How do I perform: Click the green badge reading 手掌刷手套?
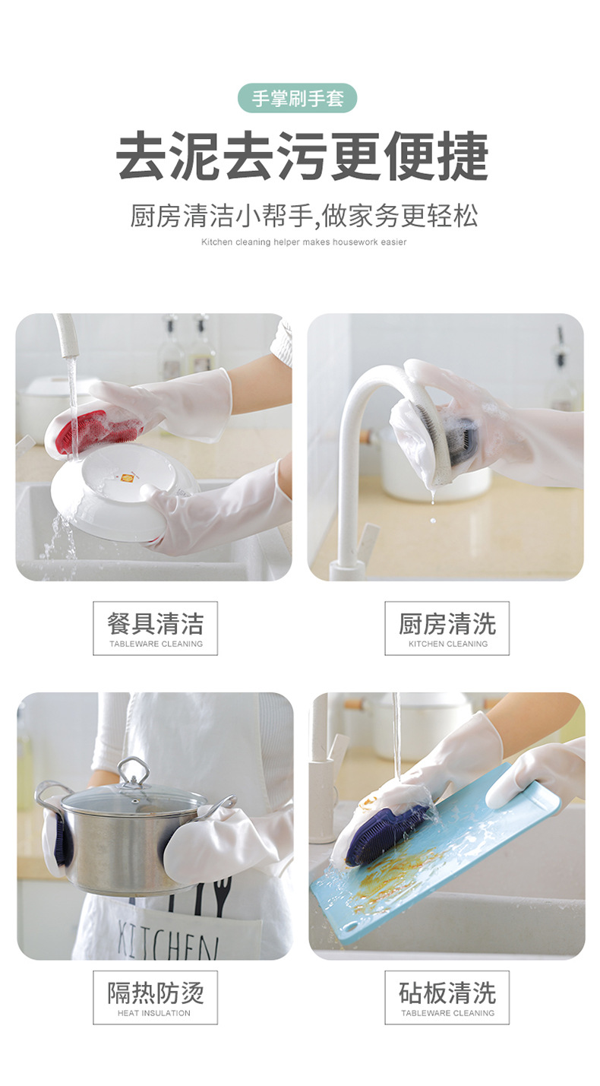[297, 99]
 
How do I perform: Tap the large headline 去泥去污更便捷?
[302, 157]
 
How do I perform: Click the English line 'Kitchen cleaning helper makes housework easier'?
[304, 242]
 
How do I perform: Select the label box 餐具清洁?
[155, 628]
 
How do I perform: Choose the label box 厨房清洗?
[447, 628]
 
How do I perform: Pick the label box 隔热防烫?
[155, 996]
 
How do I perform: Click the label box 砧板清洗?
[447, 996]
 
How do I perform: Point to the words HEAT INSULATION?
[155, 1013]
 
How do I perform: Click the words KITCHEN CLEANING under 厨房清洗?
[447, 644]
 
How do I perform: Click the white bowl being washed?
[114, 494]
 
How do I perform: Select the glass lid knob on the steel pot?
[134, 771]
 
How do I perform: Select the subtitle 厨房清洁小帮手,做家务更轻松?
[304, 216]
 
